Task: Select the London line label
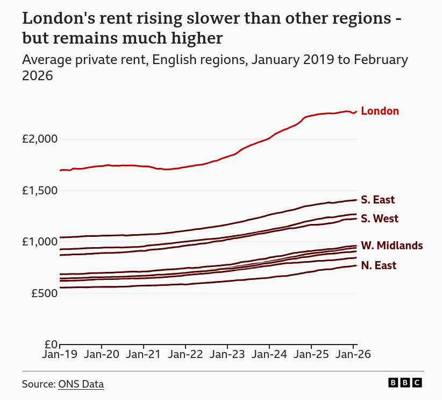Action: coord(380,111)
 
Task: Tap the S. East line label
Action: coord(377,200)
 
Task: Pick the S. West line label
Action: coord(380,219)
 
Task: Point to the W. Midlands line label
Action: coord(391,246)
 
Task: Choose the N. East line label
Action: coord(379,265)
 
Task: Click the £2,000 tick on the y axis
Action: coord(39,139)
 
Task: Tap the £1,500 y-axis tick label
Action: coord(39,191)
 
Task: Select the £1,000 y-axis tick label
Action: coord(39,242)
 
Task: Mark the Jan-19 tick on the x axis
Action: coord(60,355)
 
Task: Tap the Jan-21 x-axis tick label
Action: coord(144,355)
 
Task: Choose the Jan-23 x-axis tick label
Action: coord(227,355)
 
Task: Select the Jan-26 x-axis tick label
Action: coord(353,355)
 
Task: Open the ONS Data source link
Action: coord(81,384)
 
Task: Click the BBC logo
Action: coord(405,383)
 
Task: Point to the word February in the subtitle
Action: coord(380,60)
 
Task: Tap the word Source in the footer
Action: coord(38,384)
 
